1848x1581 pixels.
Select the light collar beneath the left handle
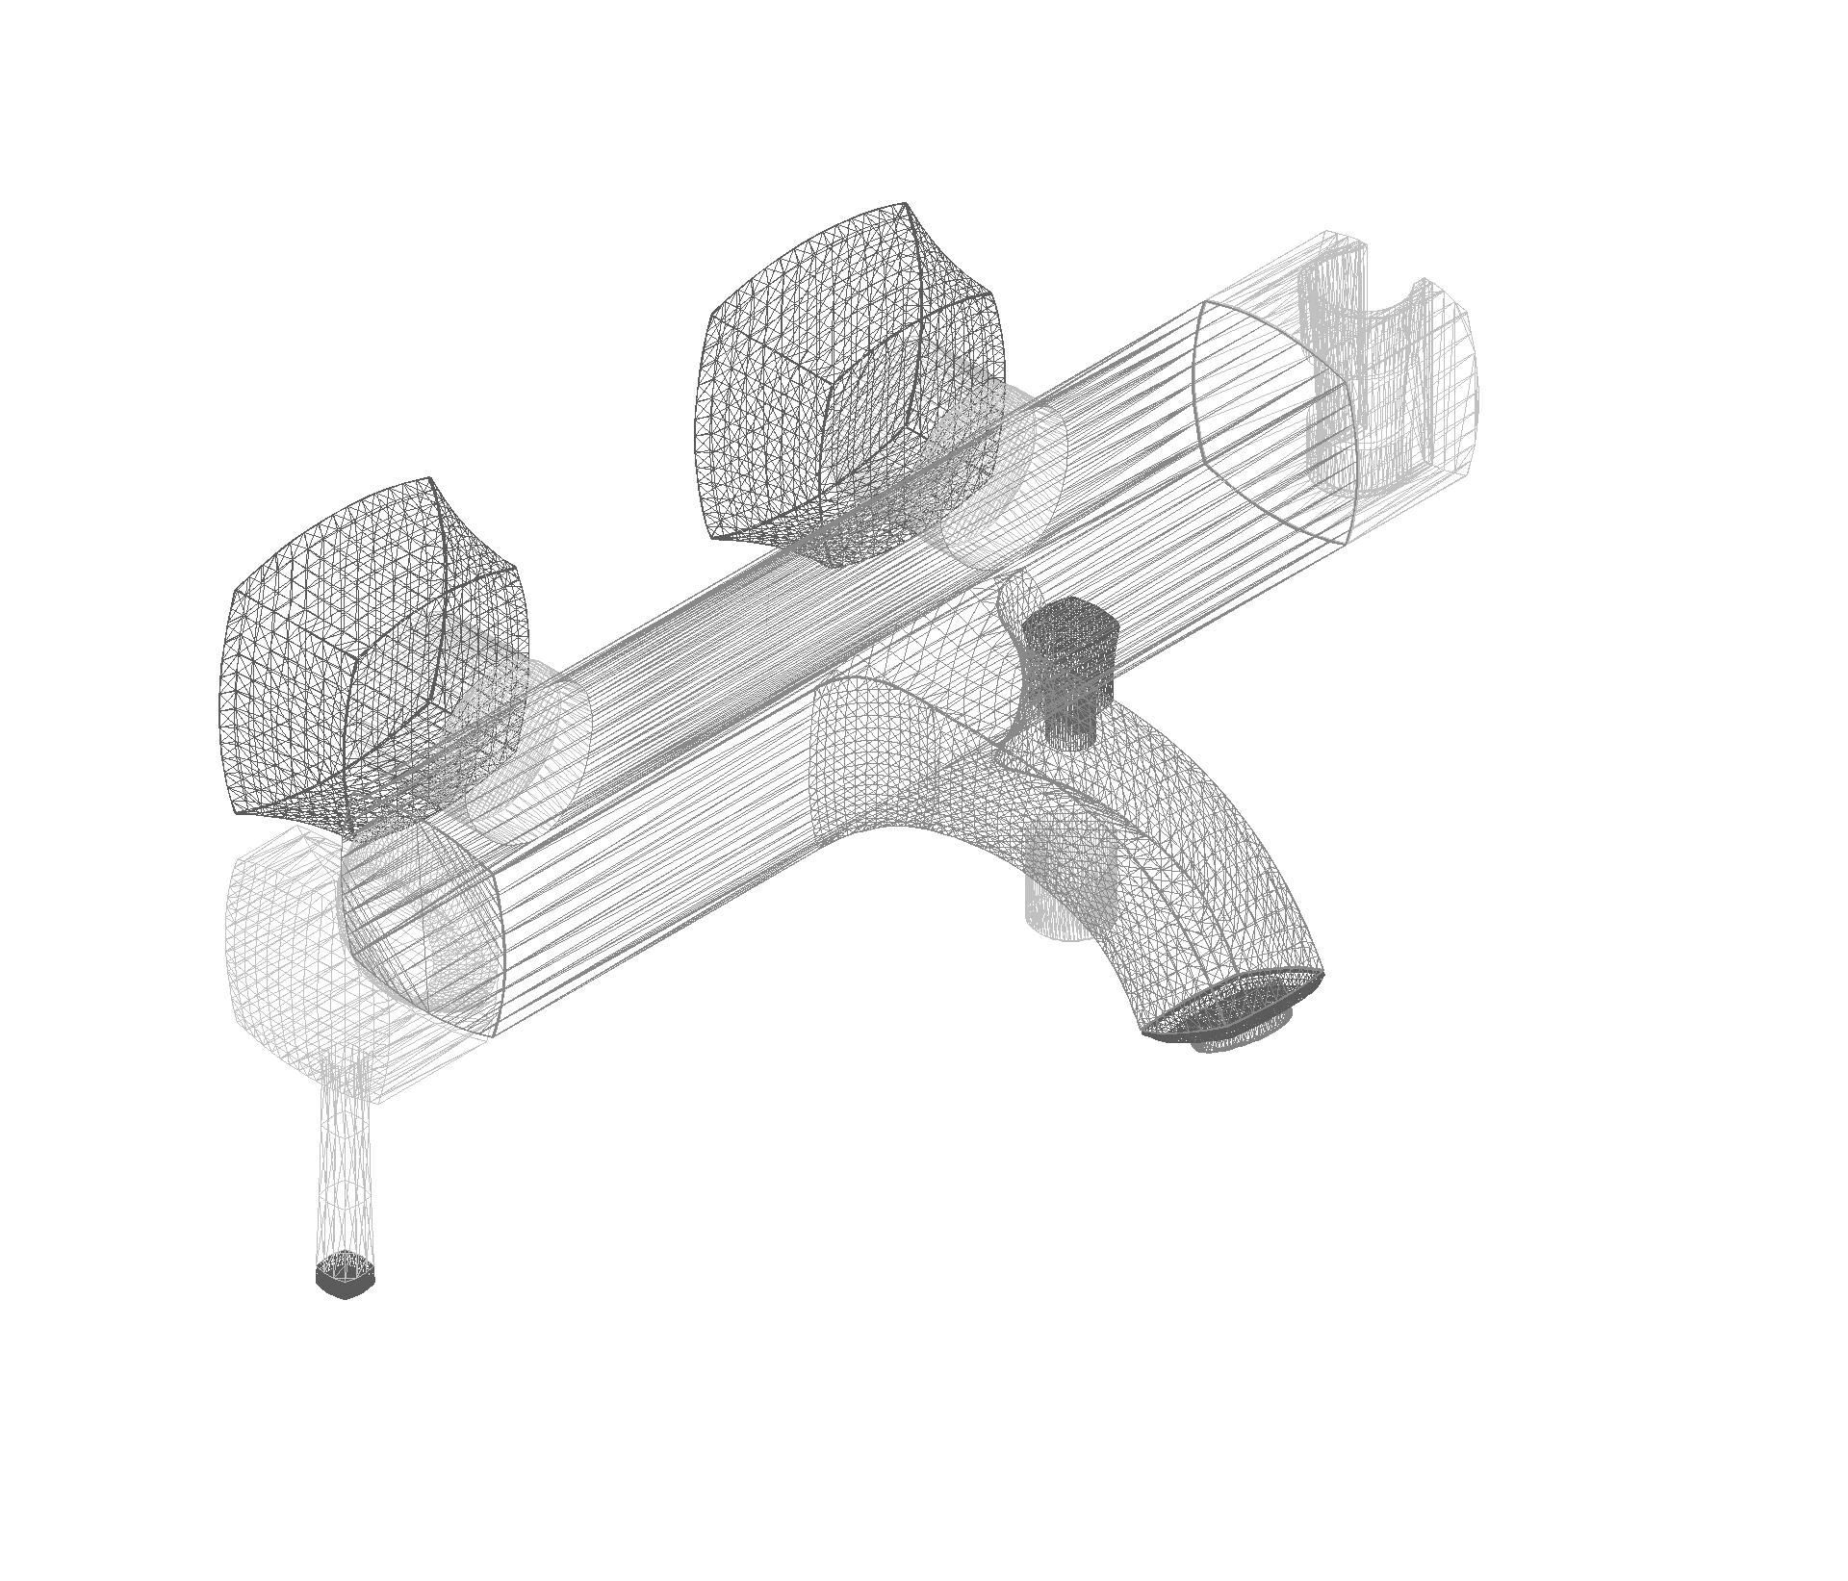(529, 741)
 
